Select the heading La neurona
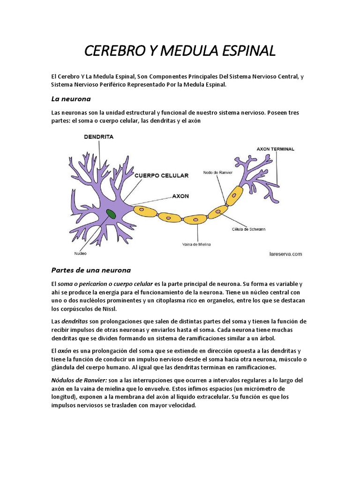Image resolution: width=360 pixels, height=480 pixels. pos(70,99)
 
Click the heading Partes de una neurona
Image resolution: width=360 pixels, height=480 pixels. pos(90,270)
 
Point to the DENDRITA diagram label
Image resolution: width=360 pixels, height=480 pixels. pos(98,137)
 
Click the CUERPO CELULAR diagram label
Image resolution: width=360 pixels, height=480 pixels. pos(161,176)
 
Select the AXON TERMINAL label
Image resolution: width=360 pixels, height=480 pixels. pos(275,149)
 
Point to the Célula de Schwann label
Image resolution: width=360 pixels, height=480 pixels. pos(248,229)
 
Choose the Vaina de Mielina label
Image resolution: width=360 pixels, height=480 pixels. pos(196,244)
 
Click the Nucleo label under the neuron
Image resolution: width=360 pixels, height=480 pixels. pos(80,254)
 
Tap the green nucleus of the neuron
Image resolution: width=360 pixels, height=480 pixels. pos(111,214)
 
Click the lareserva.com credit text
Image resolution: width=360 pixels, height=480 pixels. pos(285,254)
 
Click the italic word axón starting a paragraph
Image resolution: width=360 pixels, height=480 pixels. pos(64,351)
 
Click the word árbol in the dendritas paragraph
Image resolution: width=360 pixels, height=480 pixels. pos(266,338)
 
